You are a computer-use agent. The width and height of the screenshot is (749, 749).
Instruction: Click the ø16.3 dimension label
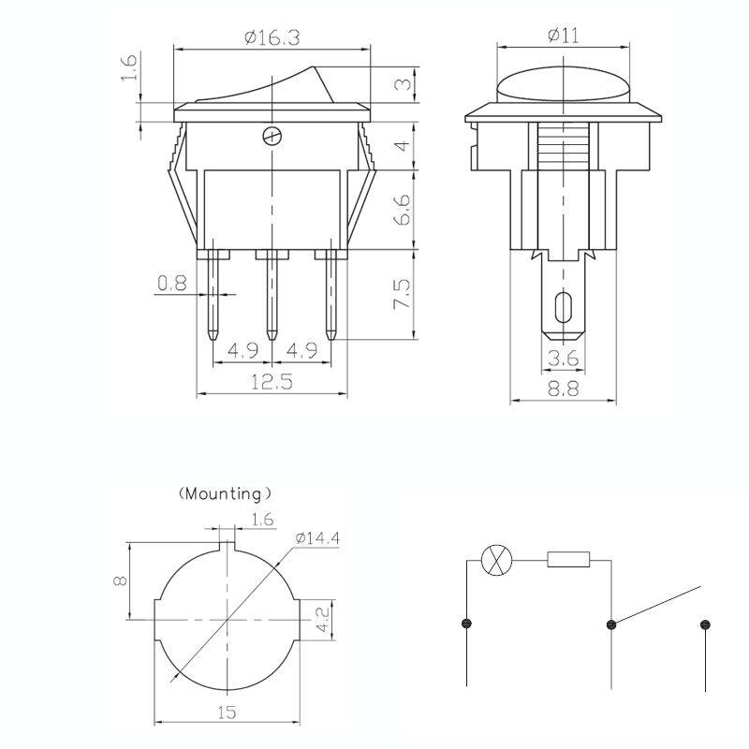(x=272, y=37)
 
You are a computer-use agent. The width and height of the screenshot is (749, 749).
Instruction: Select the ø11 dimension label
(x=564, y=35)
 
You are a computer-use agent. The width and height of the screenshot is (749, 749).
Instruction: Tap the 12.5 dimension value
(x=272, y=382)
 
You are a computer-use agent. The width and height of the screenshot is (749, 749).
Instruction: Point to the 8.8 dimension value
(x=564, y=389)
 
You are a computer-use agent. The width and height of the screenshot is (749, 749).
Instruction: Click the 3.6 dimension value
(x=564, y=358)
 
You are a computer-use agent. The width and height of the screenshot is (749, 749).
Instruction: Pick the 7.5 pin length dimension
(x=402, y=293)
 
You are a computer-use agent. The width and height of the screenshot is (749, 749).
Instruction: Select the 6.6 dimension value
(x=403, y=209)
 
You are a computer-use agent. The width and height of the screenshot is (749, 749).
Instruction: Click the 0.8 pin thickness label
(x=172, y=284)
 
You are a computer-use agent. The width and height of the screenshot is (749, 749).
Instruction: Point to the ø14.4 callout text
(x=317, y=538)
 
